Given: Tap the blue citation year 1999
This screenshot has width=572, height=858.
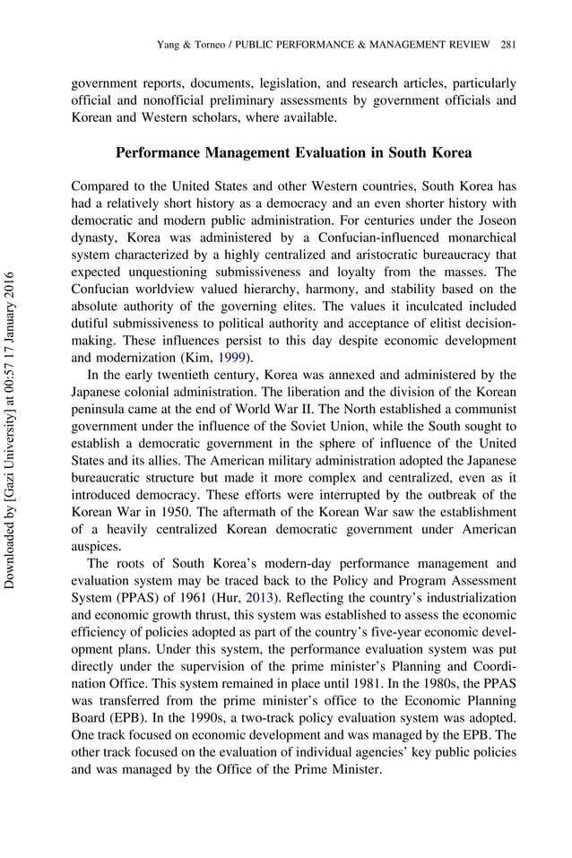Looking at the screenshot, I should pyautogui.click(x=231, y=357).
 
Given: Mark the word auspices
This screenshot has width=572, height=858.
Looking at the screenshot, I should pyautogui.click(x=96, y=546).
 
